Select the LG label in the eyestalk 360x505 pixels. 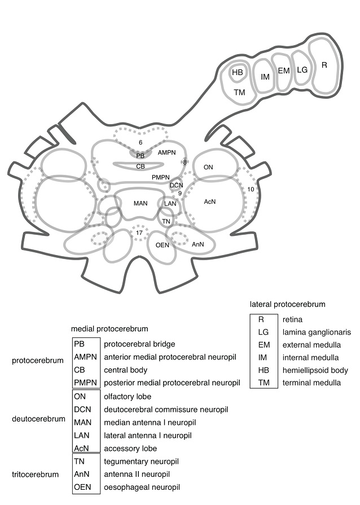point(302,70)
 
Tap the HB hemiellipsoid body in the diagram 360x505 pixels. point(238,73)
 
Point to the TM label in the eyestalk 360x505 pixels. point(239,91)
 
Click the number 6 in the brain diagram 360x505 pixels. point(141,143)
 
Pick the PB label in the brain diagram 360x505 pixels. point(141,155)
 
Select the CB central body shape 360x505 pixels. point(141,166)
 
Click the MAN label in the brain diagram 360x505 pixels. point(141,203)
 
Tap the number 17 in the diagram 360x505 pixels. point(139,232)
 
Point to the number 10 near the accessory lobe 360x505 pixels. point(251,188)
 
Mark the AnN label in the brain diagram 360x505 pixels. point(197,244)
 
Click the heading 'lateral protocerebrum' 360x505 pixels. point(287,304)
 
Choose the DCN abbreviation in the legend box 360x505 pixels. point(82,409)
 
